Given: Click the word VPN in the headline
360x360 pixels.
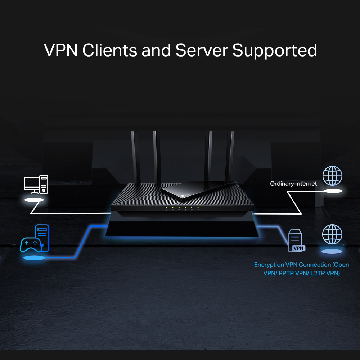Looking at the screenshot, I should point(60,50).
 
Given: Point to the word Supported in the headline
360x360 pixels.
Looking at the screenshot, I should point(274,51).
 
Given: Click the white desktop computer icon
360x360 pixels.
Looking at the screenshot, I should point(36,184).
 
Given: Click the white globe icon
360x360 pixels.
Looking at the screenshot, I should point(332,175).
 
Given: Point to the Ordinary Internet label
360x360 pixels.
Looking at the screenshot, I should point(293,184).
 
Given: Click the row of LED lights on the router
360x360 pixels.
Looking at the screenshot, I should point(182,208).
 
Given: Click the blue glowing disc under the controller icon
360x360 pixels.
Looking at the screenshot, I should point(34,258).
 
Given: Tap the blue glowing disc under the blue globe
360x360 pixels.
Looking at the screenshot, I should point(332,251).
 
